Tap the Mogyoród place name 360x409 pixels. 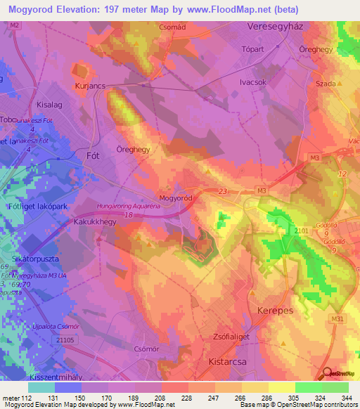175,199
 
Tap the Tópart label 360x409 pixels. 252,50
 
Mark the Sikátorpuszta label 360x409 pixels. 30,259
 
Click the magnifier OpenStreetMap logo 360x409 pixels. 328,372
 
